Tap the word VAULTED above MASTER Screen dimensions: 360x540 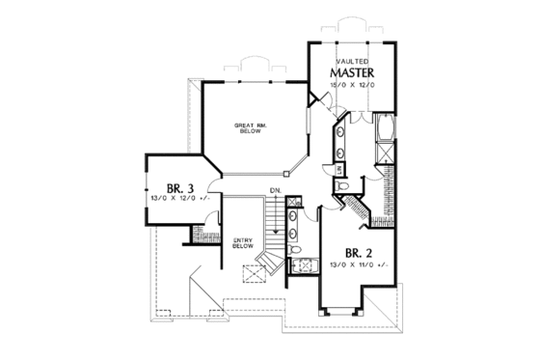(x=350, y=60)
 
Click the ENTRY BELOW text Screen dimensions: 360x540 (x=243, y=243)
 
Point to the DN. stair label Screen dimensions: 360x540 (x=275, y=189)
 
